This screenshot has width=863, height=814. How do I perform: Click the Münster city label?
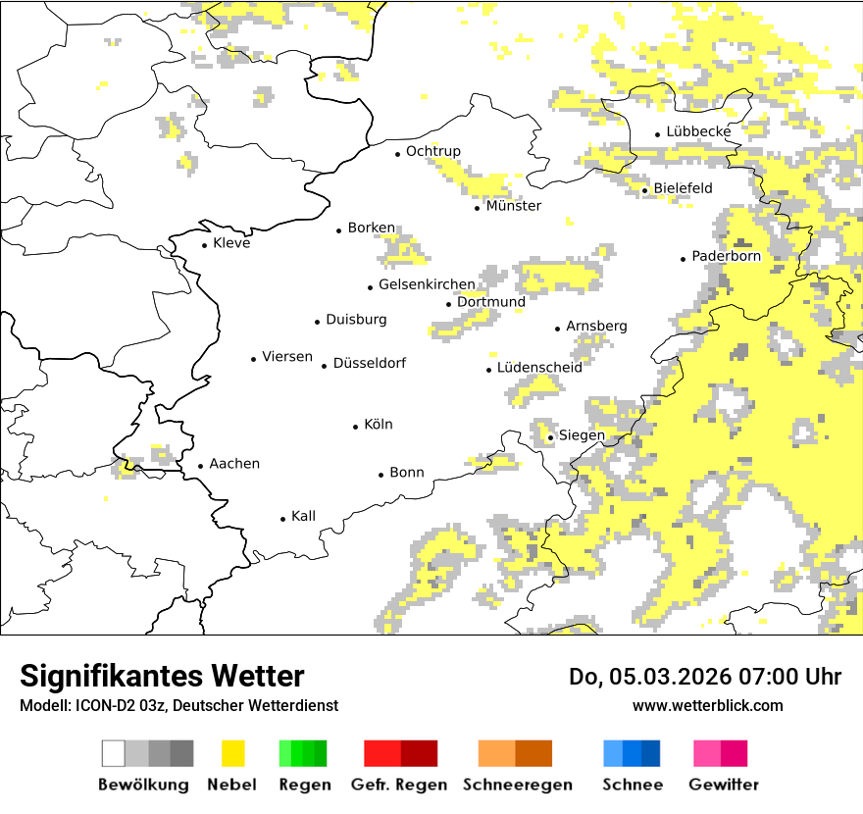tap(513, 206)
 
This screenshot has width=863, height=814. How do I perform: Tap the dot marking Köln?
tap(356, 427)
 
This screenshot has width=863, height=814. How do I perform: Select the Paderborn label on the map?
tap(726, 256)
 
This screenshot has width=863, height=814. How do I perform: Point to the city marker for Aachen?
tap(201, 467)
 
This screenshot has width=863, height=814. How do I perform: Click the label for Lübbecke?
tap(698, 131)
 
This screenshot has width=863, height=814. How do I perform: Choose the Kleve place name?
tap(231, 243)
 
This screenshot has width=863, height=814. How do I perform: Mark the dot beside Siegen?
tap(551, 437)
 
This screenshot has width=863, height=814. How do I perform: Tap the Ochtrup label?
tap(432, 151)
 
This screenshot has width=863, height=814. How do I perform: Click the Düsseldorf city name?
tap(369, 363)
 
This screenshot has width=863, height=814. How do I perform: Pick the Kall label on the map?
tap(303, 516)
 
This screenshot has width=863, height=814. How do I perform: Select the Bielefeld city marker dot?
tap(645, 190)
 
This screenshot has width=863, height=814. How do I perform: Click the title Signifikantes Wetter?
tap(162, 676)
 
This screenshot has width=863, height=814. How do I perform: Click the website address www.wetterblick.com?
tap(707, 705)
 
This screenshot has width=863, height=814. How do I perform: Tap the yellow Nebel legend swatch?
tap(232, 753)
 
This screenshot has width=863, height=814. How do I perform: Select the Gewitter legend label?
tap(723, 785)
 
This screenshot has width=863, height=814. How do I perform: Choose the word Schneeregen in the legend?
tap(517, 785)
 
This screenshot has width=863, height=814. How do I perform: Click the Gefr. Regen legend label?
tap(399, 785)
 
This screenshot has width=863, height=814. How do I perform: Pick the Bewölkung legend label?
tap(143, 785)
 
